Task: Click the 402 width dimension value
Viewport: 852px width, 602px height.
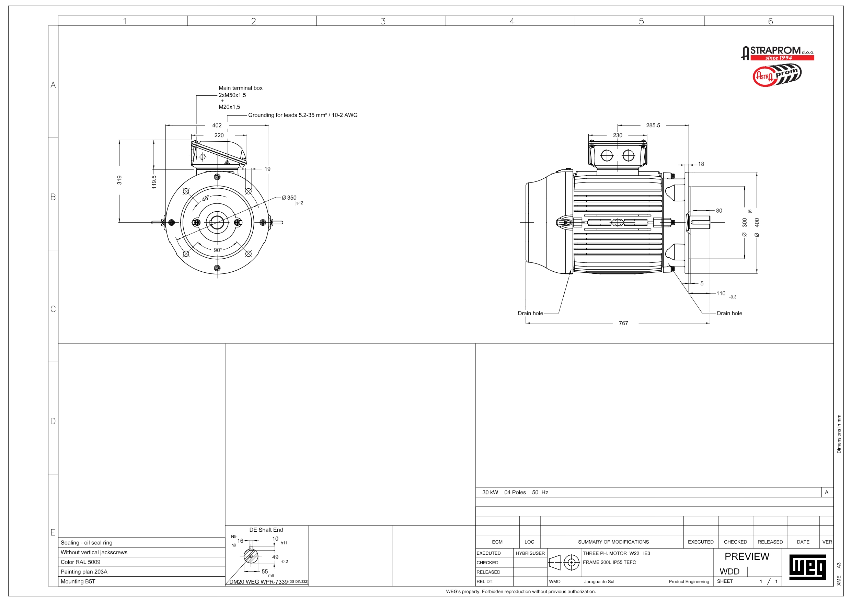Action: tap(217, 125)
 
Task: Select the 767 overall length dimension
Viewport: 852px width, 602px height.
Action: tap(623, 323)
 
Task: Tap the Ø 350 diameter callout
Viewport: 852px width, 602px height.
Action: tap(289, 198)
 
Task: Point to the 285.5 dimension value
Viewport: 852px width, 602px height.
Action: tap(653, 125)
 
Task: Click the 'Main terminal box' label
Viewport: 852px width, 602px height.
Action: tap(240, 88)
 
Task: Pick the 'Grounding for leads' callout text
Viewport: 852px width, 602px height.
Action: tap(303, 115)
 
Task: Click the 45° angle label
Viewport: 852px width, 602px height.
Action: tap(206, 199)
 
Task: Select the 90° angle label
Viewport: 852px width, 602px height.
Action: tap(218, 250)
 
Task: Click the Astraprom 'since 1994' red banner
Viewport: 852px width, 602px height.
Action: tap(782, 58)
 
